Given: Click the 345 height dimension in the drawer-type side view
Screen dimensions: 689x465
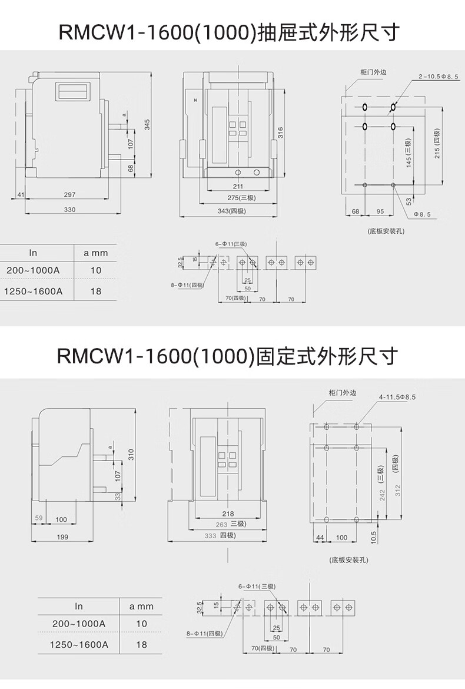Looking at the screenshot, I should pos(148,125).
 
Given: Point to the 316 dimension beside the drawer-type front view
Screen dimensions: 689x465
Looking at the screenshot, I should pos(281,132).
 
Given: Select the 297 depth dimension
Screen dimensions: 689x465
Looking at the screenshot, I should pos(70,194).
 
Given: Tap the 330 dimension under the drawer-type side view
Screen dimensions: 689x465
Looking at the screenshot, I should pos(70,210).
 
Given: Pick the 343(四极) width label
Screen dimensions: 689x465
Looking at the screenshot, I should pos(231,211).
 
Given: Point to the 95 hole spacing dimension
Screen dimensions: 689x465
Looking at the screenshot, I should pos(380,210).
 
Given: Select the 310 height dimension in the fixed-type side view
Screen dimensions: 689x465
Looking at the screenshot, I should pos(131,454).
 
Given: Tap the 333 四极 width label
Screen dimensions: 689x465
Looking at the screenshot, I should pos(220,536).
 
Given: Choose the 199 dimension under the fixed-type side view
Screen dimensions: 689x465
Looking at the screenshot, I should pos(62,536).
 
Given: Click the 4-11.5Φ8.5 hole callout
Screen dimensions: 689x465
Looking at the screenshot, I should pos(397,397).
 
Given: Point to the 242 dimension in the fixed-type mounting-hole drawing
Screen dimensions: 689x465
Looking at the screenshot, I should pos(383,495).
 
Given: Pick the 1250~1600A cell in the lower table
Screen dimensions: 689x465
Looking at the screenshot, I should pos(79,644).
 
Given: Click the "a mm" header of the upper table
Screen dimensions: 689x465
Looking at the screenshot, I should pos(95,253).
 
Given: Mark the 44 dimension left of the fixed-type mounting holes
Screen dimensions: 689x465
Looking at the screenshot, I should pos(320,538).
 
